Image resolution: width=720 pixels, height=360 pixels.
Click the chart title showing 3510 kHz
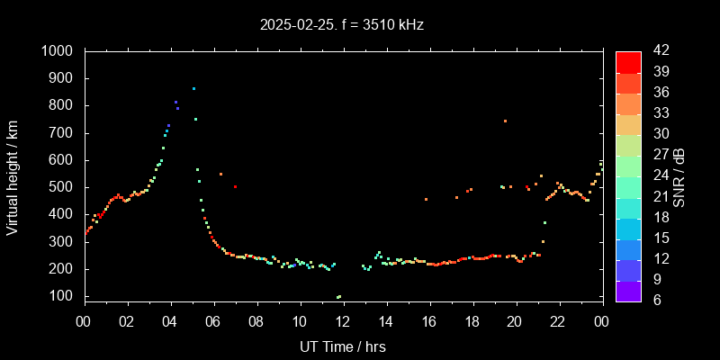tap(341, 24)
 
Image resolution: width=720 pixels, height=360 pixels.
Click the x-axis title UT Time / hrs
tap(343, 346)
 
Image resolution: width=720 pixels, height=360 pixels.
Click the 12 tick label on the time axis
tap(343, 320)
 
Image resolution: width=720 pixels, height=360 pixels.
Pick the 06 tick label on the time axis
tap(213, 320)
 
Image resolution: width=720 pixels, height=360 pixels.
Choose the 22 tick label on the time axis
tap(558, 320)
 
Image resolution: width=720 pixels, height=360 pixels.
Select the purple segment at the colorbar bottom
tap(628, 291)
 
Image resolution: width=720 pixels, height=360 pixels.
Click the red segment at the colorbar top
tap(628, 61)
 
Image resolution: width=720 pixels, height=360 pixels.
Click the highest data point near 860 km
tap(193, 88)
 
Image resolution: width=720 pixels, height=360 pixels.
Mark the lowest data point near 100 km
tap(338, 296)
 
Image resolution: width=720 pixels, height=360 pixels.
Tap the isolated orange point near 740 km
tap(505, 121)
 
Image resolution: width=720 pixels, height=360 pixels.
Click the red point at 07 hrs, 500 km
tap(235, 186)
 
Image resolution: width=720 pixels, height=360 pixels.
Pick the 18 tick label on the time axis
tap(472, 320)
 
